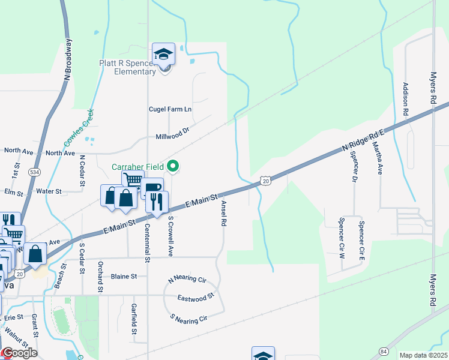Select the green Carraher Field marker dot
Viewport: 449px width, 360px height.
pyautogui.click(x=174, y=166)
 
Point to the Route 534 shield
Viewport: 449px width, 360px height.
pyautogui.click(x=35, y=171)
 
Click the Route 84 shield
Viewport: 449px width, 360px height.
pyautogui.click(x=384, y=350)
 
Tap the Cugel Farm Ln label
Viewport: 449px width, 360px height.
pyautogui.click(x=170, y=109)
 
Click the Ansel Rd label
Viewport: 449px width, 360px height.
pyautogui.click(x=223, y=213)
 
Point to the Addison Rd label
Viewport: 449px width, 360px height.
pyautogui.click(x=406, y=99)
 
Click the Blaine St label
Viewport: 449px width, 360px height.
pyautogui.click(x=124, y=277)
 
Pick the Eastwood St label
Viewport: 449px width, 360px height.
pyautogui.click(x=196, y=298)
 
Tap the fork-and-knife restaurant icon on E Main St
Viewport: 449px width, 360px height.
pyautogui.click(x=157, y=202)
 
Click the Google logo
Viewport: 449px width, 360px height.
pyautogui.click(x=19, y=353)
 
